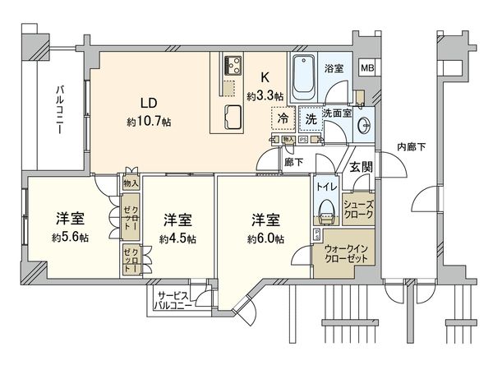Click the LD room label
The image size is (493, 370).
pyautogui.click(x=149, y=104)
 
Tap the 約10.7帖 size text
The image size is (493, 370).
pyautogui.click(x=149, y=122)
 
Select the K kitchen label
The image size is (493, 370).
pyautogui.click(x=265, y=79)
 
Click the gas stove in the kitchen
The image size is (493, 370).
pyautogui.click(x=232, y=65)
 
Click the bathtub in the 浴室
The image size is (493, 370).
pyautogui.click(x=304, y=75)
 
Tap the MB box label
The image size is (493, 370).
pyautogui.click(x=367, y=67)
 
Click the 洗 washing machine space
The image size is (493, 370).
pyautogui.click(x=311, y=118)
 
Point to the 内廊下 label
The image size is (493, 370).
pyautogui.click(x=412, y=148)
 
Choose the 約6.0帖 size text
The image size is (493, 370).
pyautogui.click(x=266, y=239)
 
